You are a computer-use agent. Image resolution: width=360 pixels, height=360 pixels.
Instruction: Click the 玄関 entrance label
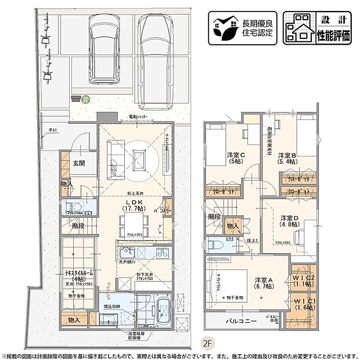[78, 164]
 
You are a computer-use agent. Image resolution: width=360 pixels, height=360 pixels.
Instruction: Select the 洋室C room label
[235, 158]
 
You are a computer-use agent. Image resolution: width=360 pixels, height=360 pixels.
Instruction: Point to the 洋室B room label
[287, 158]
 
